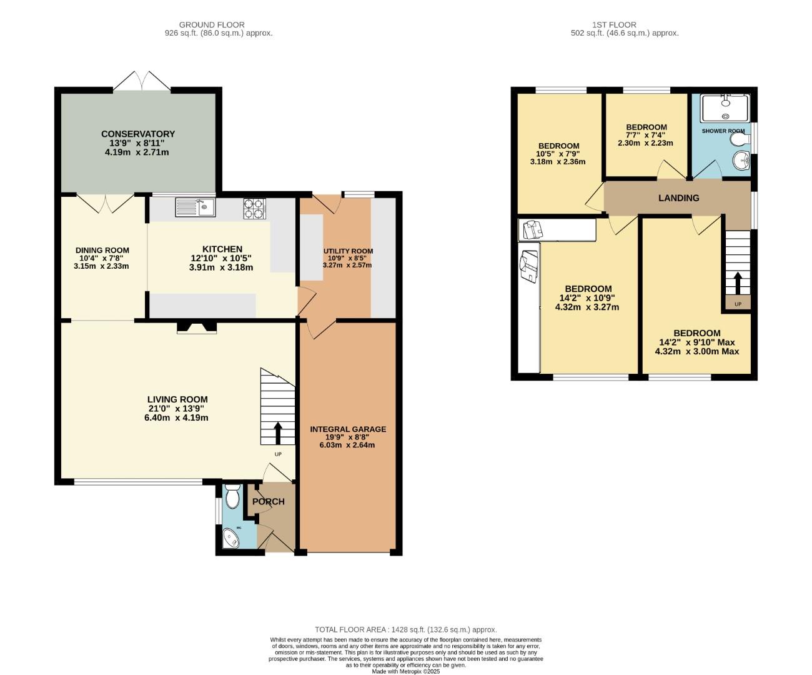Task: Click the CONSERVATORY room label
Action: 138,134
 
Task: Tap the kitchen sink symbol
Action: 195,207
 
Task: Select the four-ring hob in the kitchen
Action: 254,208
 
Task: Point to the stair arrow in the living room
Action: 277,432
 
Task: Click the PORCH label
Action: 269,501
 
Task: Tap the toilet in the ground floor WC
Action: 232,497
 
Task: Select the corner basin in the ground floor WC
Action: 232,538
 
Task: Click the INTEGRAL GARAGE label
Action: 348,429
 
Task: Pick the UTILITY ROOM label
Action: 348,251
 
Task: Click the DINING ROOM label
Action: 102,251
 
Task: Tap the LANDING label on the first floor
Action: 678,198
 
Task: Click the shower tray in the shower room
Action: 724,108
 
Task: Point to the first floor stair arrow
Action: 738,282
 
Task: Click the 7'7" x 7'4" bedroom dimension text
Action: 646,135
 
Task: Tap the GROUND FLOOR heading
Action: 212,25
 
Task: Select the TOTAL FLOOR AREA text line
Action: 405,630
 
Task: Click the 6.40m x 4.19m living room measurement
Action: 177,417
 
